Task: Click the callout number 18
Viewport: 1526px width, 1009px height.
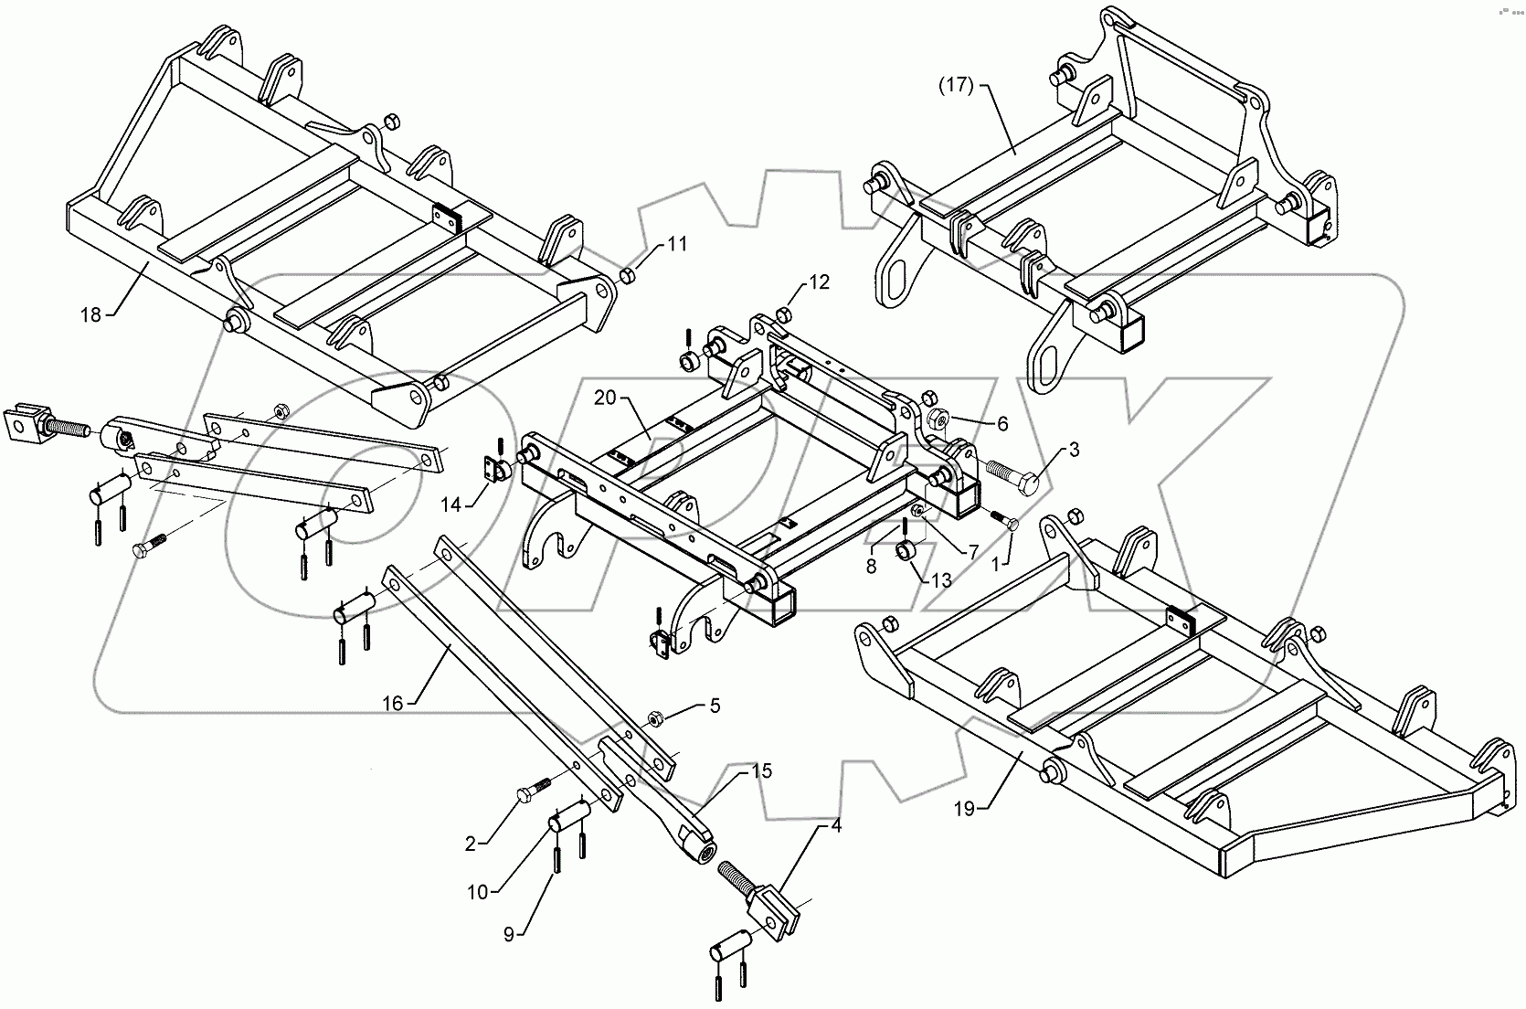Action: tap(90, 315)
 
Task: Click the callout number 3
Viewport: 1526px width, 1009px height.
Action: tap(1074, 450)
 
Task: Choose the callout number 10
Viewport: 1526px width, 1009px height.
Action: tap(478, 892)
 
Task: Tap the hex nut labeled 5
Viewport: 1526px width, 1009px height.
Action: tap(655, 719)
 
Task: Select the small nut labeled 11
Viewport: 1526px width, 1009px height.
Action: tap(628, 276)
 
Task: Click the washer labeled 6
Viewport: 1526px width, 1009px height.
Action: tap(938, 422)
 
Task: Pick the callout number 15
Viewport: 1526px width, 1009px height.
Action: tap(761, 771)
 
